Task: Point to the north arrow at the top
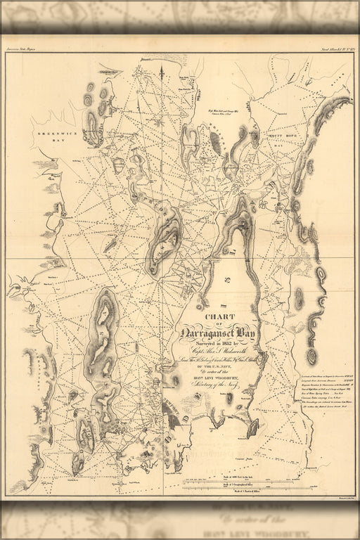click(161, 68)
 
